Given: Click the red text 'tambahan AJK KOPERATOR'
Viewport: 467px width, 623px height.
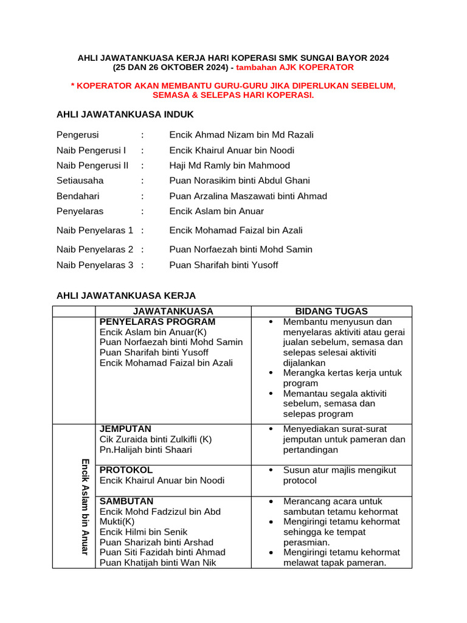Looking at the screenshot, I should tap(295, 68).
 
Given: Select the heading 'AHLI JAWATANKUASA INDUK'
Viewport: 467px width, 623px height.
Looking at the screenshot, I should tap(125, 114).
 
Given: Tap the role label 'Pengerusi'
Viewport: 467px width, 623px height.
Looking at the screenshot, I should tap(77, 135).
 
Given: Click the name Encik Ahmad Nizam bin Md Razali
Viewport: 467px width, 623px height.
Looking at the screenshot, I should tap(241, 135).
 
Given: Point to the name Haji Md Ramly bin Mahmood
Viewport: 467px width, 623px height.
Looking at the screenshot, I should tap(229, 165).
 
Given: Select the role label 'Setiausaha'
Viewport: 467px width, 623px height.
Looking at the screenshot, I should tap(80, 181).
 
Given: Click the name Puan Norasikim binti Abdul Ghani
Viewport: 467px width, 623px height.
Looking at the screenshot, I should tap(240, 181).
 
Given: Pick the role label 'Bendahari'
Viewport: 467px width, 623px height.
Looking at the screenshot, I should tap(78, 196).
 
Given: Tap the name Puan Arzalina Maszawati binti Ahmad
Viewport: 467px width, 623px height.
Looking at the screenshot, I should tap(248, 196).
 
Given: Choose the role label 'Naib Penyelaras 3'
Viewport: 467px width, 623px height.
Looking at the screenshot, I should tap(95, 265).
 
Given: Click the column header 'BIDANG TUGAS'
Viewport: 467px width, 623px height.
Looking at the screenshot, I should tap(331, 311).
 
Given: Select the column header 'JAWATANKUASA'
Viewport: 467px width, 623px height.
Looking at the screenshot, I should tap(173, 311).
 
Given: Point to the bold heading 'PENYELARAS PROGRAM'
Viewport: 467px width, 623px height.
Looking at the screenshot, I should tap(157, 322).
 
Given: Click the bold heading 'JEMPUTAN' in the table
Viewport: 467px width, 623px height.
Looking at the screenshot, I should tap(125, 429).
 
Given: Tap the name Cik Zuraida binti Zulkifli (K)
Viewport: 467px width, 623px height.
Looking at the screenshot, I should tap(156, 439).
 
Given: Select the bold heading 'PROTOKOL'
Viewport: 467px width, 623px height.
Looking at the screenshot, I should tap(126, 470).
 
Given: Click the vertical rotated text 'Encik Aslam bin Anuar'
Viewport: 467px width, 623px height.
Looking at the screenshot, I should tap(85, 506).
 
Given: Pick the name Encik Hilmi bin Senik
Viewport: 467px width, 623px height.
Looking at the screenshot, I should tap(144, 532).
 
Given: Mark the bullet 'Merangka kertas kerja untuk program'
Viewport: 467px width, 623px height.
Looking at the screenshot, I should tap(342, 378).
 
